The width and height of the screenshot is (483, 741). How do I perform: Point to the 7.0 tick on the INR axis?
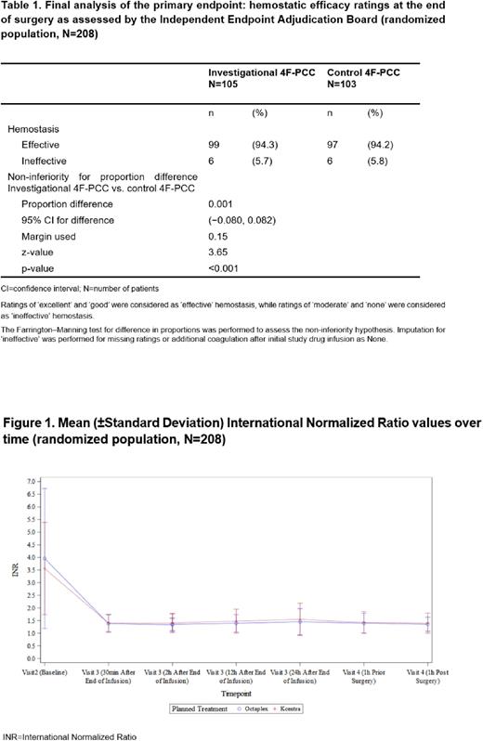[x=28, y=482]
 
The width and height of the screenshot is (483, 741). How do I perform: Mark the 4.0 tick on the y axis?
[x=28, y=557]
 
